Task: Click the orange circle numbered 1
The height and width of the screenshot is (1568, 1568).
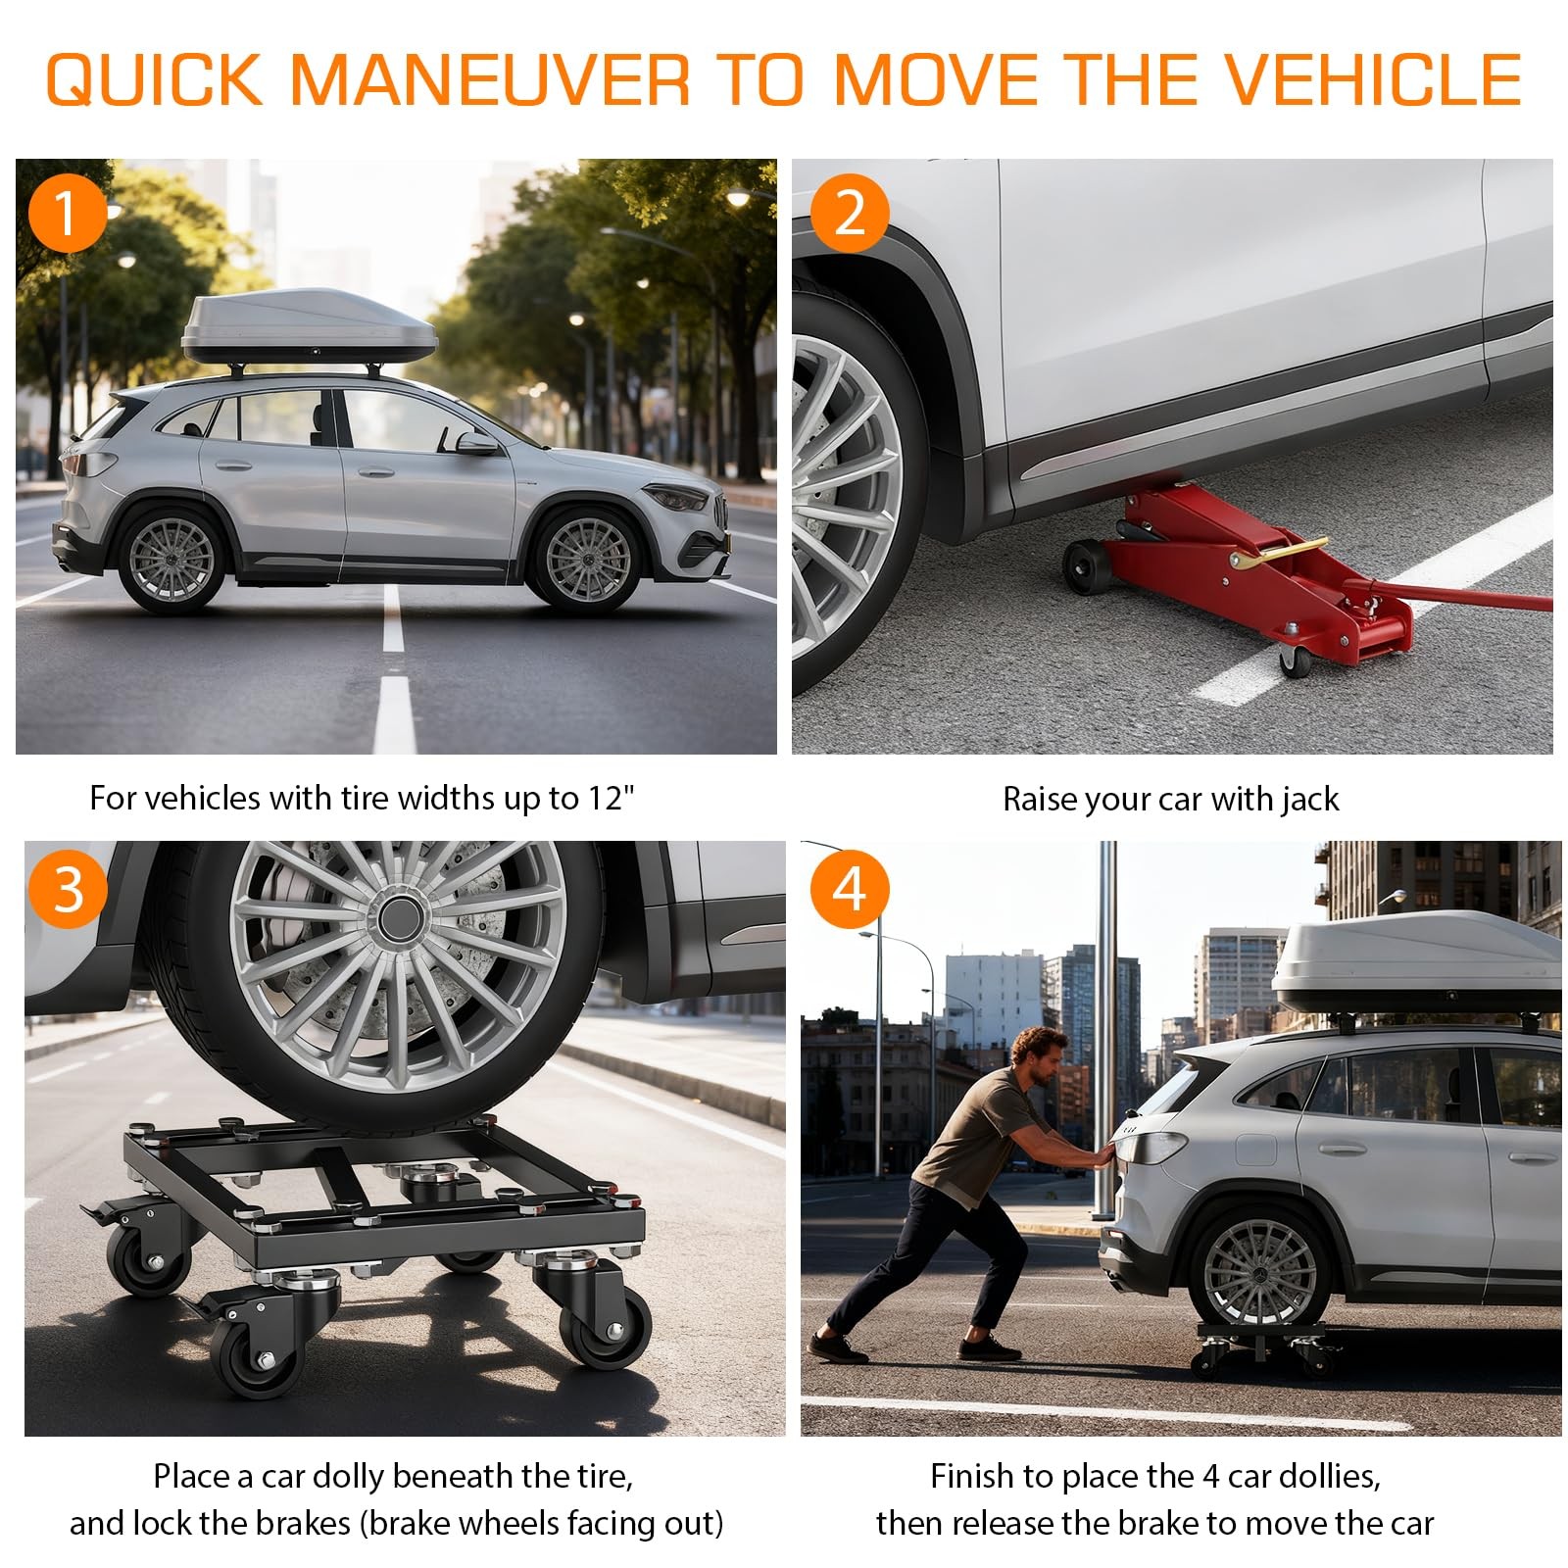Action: (67, 213)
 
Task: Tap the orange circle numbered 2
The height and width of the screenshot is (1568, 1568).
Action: (850, 213)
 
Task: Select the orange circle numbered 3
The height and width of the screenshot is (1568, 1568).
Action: (68, 889)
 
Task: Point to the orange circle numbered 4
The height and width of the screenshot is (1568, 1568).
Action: (850, 889)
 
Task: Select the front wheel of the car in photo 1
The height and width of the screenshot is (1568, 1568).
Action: (587, 559)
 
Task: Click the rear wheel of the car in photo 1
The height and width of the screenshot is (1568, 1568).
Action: (171, 559)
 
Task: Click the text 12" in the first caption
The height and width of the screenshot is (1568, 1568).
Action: (611, 798)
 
